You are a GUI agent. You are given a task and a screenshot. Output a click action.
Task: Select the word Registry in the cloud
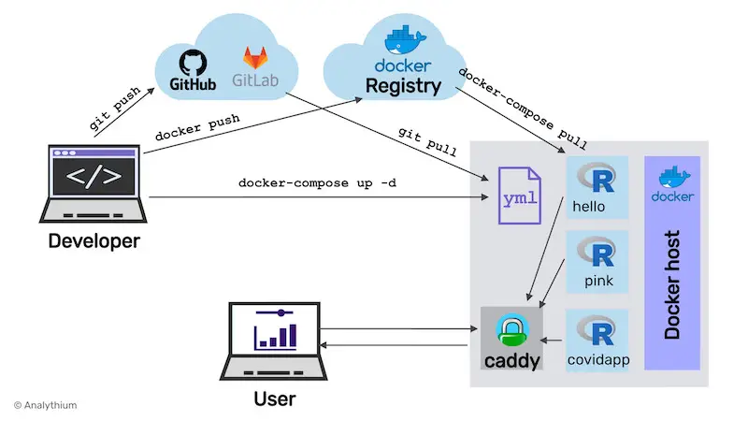pyautogui.click(x=404, y=87)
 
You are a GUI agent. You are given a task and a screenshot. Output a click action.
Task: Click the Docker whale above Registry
pyautogui.click(x=403, y=40)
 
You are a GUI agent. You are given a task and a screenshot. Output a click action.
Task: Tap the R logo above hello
pyautogui.click(x=597, y=177)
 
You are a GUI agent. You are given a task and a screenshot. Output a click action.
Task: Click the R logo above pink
pyautogui.click(x=597, y=252)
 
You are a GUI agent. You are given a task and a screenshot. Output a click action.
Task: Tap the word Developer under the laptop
pyautogui.click(x=93, y=241)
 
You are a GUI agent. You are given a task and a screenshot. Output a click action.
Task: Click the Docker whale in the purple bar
pyautogui.click(x=671, y=177)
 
